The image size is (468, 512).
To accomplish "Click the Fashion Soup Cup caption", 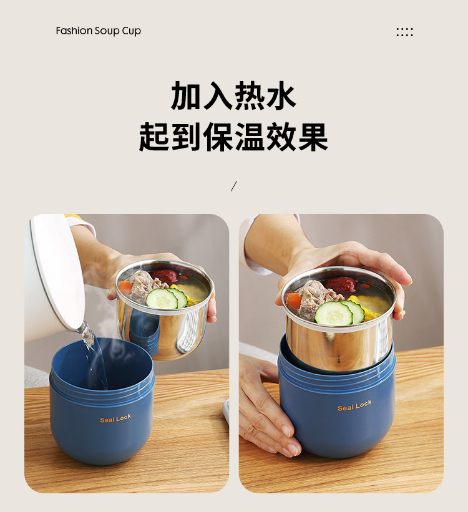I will coord(98,31).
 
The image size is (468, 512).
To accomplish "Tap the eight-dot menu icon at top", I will coord(404,32).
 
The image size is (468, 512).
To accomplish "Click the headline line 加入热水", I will coord(233,96).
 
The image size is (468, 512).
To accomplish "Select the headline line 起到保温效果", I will coord(233,137).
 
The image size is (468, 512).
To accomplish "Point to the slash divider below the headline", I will coord(234,185).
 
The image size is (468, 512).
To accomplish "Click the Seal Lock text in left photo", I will coord(115,418).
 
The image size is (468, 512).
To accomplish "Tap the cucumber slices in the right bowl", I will coord(339,312).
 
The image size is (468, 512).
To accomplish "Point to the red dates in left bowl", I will coord(165,276).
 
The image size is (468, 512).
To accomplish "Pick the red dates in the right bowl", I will coord(340,284).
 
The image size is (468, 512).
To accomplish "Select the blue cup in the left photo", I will coord(103,424).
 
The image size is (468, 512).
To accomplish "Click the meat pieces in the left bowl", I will coord(142,286).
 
